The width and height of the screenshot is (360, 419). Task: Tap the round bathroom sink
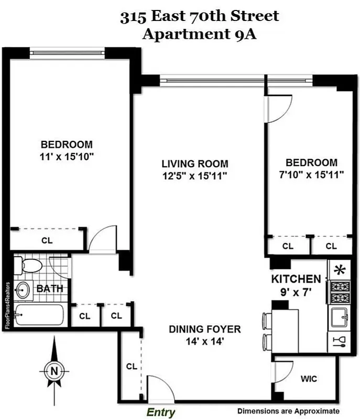[23, 290]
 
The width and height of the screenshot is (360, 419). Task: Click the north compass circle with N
[53, 371]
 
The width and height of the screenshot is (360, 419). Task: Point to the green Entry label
[161, 412]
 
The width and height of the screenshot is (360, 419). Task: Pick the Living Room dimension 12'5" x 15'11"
[195, 175]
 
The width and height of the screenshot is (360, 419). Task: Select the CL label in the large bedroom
[47, 241]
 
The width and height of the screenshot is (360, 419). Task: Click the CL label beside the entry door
[132, 367]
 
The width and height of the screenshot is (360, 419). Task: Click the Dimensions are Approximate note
[288, 411]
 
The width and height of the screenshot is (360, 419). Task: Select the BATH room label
[50, 289]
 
